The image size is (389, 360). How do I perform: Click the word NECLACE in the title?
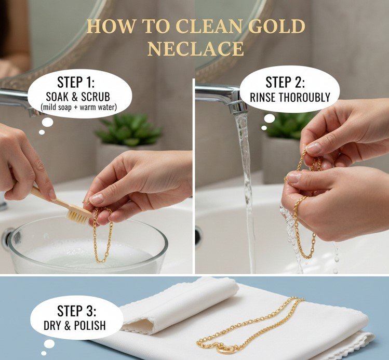click(196, 49)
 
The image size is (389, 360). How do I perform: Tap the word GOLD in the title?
click(277, 26)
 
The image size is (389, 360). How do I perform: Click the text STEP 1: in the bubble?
click(76, 82)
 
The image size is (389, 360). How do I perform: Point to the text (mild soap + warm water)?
click(78, 107)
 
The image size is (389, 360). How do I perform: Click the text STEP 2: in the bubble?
click(285, 82)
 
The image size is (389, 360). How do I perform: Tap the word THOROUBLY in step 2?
click(305, 97)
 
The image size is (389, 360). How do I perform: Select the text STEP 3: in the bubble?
click(76, 311)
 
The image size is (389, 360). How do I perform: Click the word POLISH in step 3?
click(90, 326)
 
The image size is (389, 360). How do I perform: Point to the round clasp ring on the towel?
click(226, 349)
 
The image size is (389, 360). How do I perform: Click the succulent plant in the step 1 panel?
click(129, 130)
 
